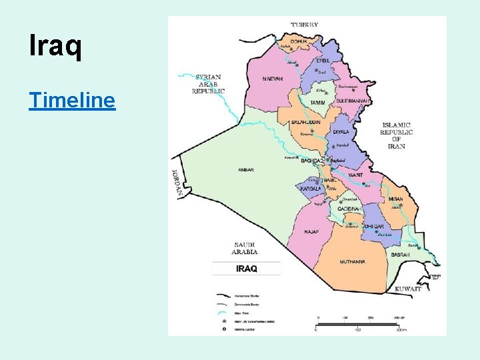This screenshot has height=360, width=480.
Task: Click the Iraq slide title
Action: coord(56,47)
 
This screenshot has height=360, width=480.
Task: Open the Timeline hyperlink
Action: coord(72,100)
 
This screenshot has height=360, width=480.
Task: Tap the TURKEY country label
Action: coord(305,25)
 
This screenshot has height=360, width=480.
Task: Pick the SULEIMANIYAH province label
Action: coord(353,101)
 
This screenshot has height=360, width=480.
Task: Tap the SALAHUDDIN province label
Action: coord(306,123)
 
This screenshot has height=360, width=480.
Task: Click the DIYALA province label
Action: coord(341,132)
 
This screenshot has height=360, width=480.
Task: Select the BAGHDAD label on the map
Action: coord(311,161)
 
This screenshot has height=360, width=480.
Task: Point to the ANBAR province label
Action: coord(246,170)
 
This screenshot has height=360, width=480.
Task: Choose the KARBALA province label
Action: coord(311,189)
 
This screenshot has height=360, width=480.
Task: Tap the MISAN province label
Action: coord(395,198)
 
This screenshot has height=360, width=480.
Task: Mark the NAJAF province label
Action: coord(311,232)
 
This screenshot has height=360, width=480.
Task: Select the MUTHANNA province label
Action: coord(353,262)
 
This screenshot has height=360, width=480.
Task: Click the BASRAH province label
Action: coord(401,255)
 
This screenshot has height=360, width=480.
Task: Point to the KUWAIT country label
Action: coord(407,289)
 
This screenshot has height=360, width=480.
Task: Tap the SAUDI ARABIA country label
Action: coord(245,248)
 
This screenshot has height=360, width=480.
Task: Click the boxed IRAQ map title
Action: coord(247,269)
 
